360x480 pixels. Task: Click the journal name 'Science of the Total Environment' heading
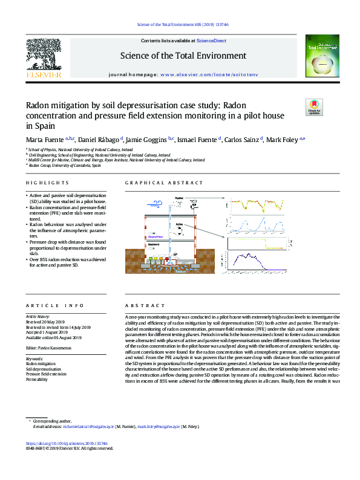183,56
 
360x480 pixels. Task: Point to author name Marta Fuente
45,140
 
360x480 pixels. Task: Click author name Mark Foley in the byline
283,140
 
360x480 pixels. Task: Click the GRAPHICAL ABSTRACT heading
154,183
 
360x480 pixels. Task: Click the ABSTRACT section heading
137,306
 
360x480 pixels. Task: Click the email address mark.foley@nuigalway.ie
175,426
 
